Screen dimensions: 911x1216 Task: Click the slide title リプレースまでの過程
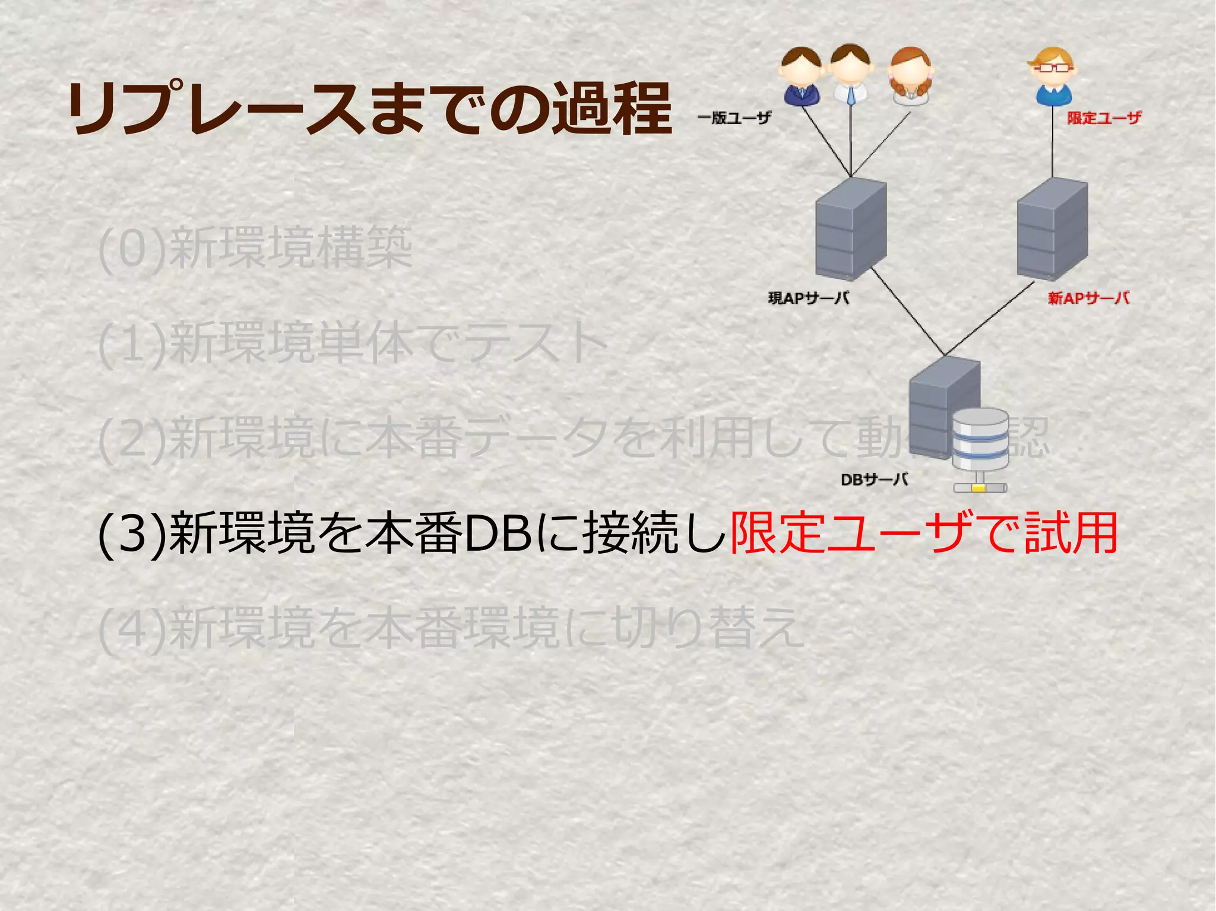(x=369, y=109)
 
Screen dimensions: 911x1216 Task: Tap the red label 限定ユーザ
(x=1104, y=118)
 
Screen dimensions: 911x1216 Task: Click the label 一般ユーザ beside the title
(x=734, y=118)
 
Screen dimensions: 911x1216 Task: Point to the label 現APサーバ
(x=809, y=298)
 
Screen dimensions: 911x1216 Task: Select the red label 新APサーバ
(x=1088, y=298)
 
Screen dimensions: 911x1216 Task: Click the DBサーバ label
(x=875, y=480)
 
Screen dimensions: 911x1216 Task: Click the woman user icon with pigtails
(x=910, y=77)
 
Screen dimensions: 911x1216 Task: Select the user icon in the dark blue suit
(x=801, y=77)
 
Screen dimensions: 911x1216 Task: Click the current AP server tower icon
(x=851, y=229)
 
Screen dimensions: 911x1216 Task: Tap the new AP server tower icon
(x=1052, y=229)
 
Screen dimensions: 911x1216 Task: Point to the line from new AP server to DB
(x=989, y=319)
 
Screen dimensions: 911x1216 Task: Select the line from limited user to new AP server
(x=1053, y=142)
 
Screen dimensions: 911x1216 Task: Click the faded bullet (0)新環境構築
(x=255, y=248)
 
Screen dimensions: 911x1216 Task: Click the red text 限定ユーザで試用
(x=923, y=534)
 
